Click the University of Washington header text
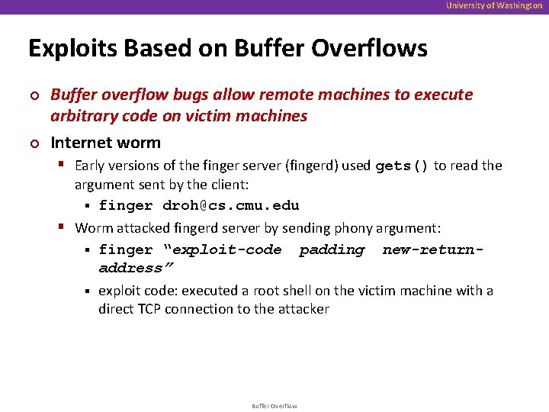(494, 5)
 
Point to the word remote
(286, 95)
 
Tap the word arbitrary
(83, 116)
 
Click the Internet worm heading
(105, 143)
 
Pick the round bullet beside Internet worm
(33, 143)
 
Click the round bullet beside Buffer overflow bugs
(33, 95)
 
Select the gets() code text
(403, 166)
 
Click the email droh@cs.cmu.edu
(230, 205)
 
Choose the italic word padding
(332, 249)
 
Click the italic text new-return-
(433, 249)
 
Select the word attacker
(302, 308)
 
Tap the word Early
(91, 166)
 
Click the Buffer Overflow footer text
(274, 406)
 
